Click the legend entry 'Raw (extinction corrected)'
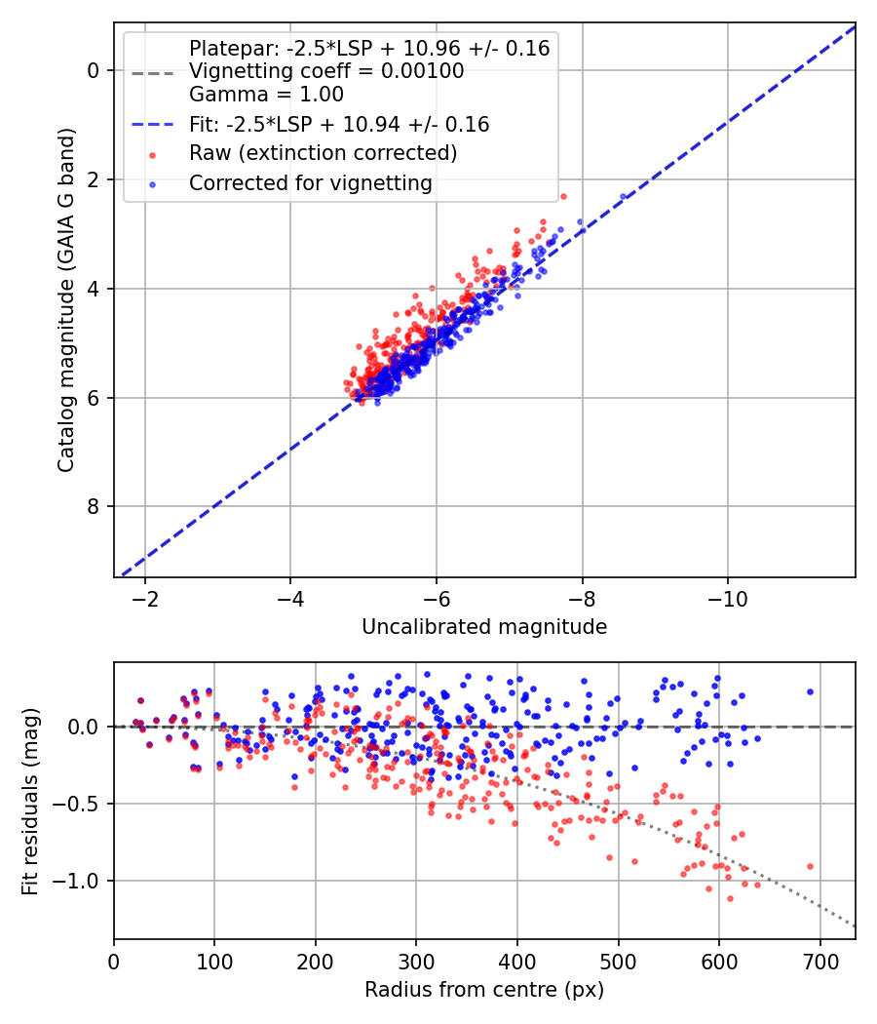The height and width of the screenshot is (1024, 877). point(323,153)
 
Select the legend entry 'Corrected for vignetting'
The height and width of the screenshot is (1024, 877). point(311,183)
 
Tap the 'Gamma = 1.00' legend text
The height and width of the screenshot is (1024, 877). point(266,94)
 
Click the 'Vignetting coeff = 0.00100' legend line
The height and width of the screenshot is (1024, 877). point(326,70)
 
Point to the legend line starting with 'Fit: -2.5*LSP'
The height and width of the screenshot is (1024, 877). point(339,124)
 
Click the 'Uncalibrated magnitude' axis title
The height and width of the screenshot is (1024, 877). point(484,627)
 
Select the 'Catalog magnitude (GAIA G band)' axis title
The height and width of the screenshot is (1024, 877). point(66,299)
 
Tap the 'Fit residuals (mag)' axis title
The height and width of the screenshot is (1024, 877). point(30,802)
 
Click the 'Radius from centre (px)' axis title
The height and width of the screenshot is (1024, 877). point(484,990)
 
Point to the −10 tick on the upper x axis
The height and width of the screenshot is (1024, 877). point(728,599)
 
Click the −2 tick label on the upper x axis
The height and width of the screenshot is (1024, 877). point(145,599)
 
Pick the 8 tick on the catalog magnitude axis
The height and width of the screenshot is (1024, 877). point(94,507)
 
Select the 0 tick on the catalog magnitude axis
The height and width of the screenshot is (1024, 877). point(94,70)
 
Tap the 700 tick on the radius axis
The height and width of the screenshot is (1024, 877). point(820,962)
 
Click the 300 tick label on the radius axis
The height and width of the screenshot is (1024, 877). point(416,962)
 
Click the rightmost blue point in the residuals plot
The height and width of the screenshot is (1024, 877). point(810,691)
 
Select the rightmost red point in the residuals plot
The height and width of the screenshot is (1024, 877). point(810,867)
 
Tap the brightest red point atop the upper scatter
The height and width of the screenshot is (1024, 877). point(564,197)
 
